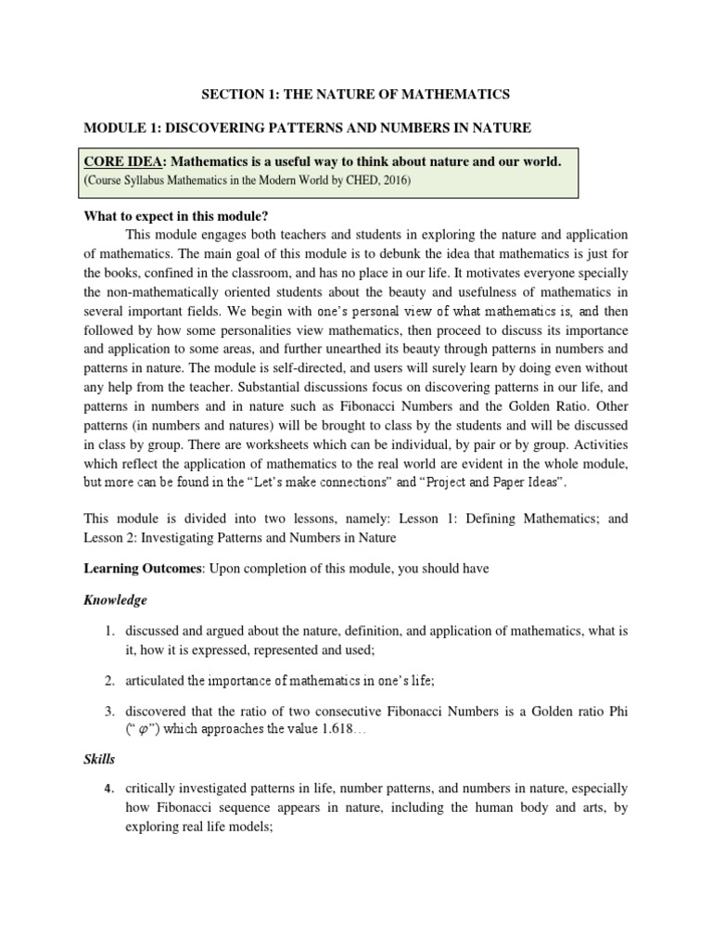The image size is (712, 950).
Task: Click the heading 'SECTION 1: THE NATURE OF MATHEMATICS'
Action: tap(356, 94)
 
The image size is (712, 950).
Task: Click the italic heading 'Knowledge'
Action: tap(116, 600)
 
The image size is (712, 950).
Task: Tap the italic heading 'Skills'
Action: tap(99, 758)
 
